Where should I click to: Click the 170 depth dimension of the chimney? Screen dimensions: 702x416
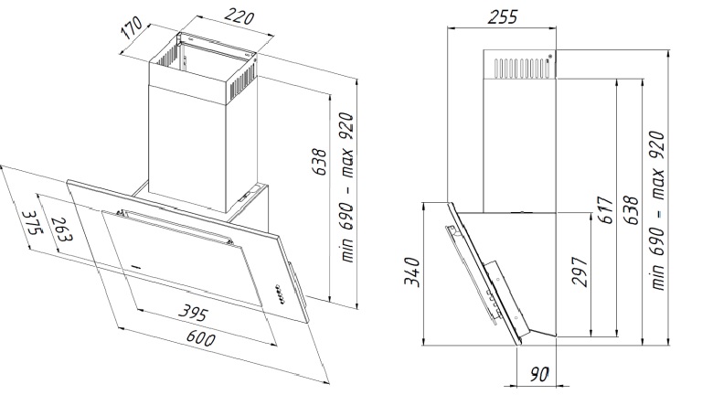pyautogui.click(x=133, y=27)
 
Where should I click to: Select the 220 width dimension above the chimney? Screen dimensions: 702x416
pyautogui.click(x=239, y=16)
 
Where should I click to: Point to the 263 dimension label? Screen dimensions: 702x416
pyautogui.click(x=61, y=229)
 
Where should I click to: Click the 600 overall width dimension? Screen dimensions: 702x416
pyautogui.click(x=200, y=336)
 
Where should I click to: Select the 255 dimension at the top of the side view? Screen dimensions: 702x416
pyautogui.click(x=503, y=16)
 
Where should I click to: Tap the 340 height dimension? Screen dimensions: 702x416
pyautogui.click(x=411, y=272)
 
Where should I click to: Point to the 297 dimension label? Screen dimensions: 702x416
pyautogui.click(x=580, y=272)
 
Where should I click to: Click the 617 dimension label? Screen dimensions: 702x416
pyautogui.click(x=604, y=209)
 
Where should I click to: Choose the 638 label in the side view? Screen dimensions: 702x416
pyautogui.click(x=630, y=209)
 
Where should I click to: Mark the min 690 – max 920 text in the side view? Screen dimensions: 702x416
pyautogui.click(x=657, y=210)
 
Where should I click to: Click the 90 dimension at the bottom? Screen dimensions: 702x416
pyautogui.click(x=539, y=374)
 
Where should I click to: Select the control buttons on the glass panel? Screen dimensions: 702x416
pyautogui.click(x=281, y=293)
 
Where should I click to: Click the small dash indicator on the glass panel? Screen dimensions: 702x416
pyautogui.click(x=136, y=267)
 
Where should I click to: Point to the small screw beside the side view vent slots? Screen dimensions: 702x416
pyautogui.click(x=550, y=56)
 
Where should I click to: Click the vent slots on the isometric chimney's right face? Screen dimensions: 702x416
pyautogui.click(x=242, y=80)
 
